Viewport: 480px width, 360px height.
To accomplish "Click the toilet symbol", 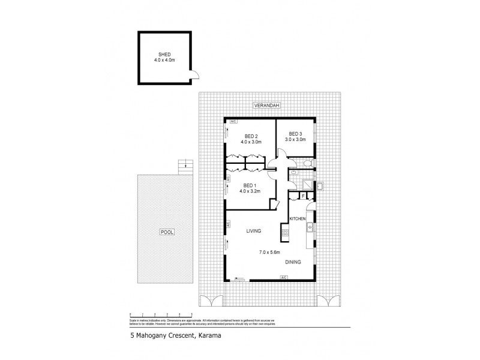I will click(307, 163).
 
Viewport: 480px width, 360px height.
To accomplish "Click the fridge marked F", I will click(304, 195).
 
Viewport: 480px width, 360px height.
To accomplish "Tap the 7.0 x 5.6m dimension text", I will click(269, 252).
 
